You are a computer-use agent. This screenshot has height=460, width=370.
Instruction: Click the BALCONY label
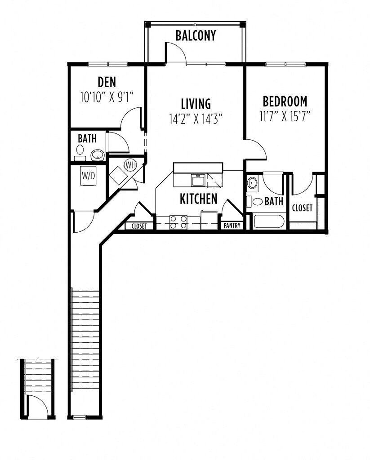[x=196, y=35]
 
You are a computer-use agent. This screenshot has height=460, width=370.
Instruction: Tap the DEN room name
[x=107, y=82]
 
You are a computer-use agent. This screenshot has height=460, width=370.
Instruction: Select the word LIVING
[x=196, y=104]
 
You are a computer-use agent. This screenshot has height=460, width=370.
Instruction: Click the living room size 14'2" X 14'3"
[x=196, y=119]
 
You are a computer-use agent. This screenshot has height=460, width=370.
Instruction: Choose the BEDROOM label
[x=285, y=101]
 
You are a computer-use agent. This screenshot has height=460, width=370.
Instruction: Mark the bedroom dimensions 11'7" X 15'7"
[x=285, y=115]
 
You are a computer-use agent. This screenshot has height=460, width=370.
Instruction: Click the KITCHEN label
[x=199, y=199]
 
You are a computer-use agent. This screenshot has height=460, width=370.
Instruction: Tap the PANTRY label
[x=232, y=226]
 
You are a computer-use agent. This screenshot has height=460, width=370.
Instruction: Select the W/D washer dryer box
[x=88, y=176]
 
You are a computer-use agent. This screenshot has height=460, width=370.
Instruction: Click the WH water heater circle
[x=130, y=165]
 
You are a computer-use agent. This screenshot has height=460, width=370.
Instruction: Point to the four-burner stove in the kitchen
[x=178, y=222]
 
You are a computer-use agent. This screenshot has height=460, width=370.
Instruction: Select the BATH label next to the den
[x=87, y=139]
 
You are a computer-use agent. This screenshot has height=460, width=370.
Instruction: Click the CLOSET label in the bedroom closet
[x=302, y=208]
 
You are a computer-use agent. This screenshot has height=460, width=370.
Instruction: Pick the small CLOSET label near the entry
[x=139, y=226]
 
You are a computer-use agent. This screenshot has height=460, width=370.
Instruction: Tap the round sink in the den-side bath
[x=97, y=155]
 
